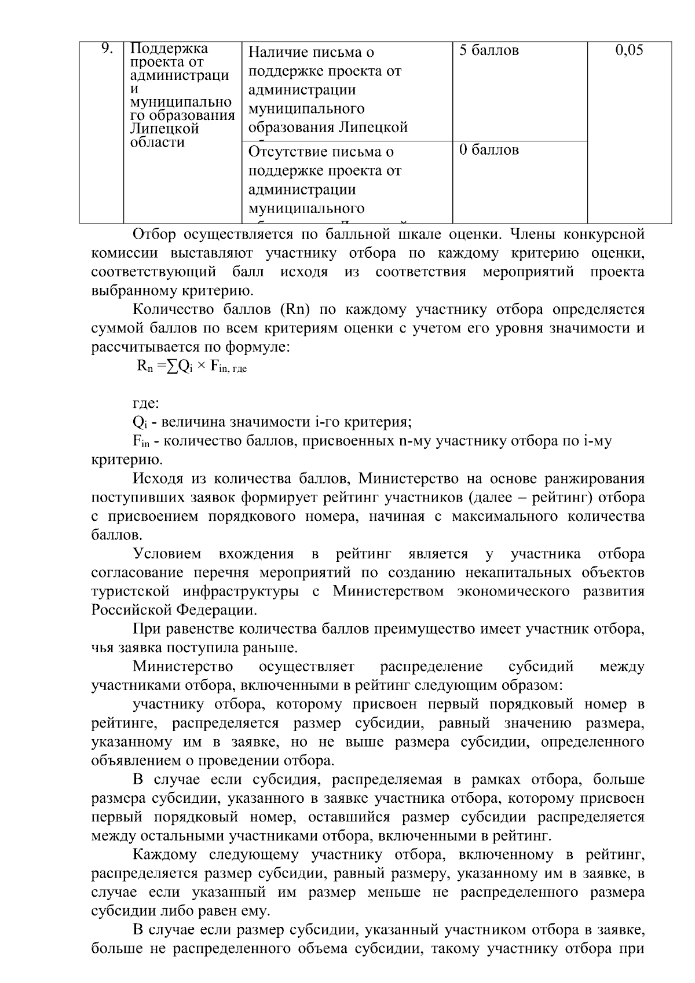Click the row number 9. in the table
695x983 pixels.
[107, 49]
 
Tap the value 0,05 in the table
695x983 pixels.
[629, 50]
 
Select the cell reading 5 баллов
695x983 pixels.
[489, 50]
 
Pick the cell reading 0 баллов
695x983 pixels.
[489, 150]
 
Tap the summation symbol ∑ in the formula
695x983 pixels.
[172, 367]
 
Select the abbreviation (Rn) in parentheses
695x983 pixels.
[296, 310]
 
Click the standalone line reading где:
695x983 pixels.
[145, 404]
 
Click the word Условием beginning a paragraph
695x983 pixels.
[167, 554]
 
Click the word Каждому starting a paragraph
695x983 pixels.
[166, 855]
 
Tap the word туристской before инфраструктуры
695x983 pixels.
[130, 592]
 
